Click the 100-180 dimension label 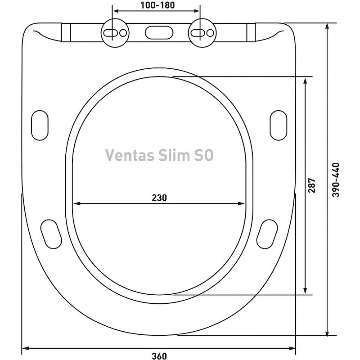tap(157, 5)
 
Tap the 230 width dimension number tap(159, 198)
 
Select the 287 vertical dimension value tap(312, 185)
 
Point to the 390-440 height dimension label tap(336, 180)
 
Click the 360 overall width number tap(159, 356)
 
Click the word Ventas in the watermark tap(130, 155)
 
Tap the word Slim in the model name tap(175, 155)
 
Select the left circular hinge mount tap(115, 33)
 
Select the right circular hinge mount tap(202, 33)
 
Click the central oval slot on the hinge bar tap(159, 32)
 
